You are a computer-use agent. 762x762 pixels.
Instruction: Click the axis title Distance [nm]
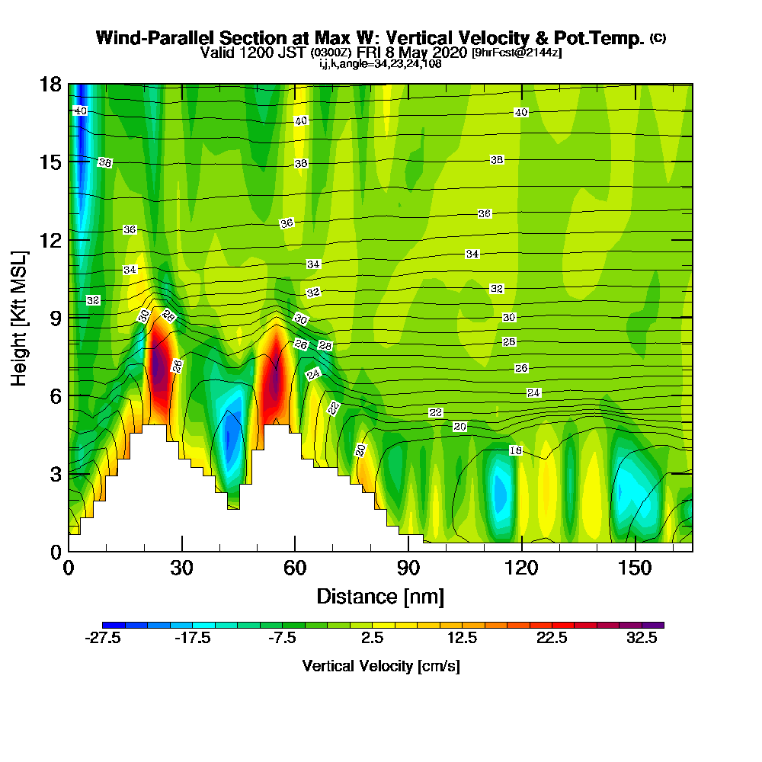pos(380,595)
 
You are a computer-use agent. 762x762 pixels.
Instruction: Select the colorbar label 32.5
pos(642,639)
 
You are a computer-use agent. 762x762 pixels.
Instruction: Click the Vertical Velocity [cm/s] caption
pos(381,666)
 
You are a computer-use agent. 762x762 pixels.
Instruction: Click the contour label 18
pos(515,450)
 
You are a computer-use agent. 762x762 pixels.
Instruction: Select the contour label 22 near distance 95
pos(435,412)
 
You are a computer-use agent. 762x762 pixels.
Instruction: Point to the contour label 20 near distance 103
pos(459,426)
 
